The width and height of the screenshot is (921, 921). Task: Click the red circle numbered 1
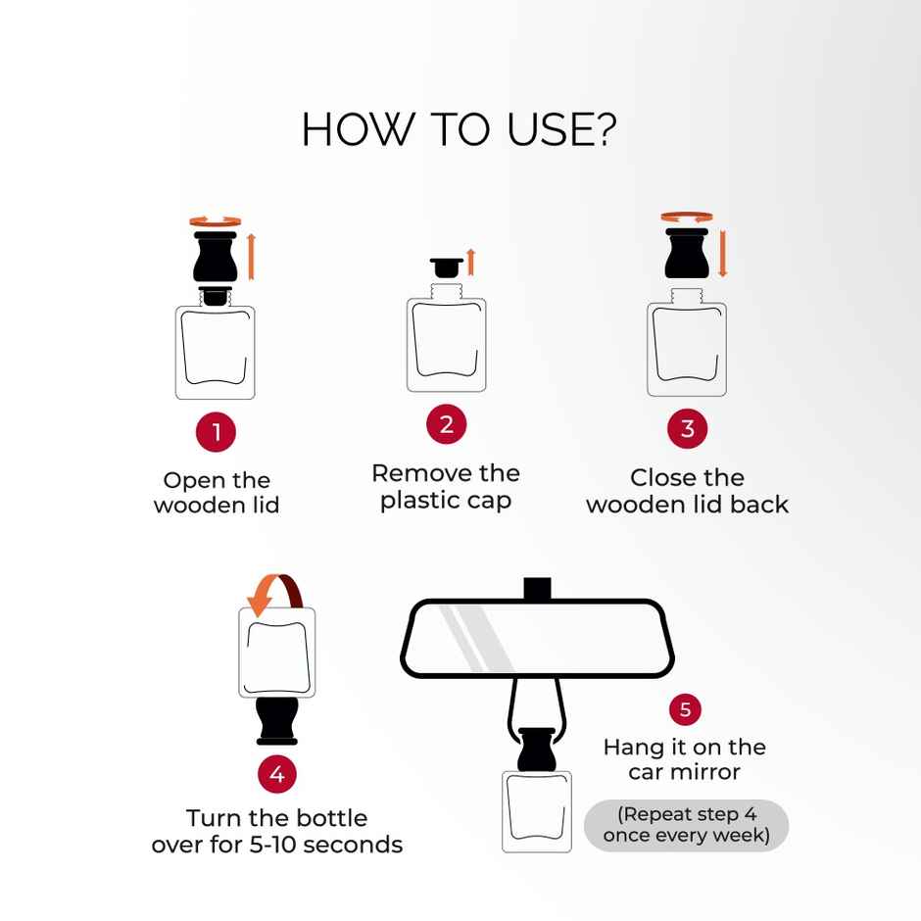point(217,432)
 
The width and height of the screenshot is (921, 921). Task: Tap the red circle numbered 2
point(447,424)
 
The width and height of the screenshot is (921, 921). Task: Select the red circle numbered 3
point(687,429)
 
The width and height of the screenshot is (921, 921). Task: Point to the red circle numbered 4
point(277,774)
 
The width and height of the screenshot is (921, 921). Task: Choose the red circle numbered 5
point(686,709)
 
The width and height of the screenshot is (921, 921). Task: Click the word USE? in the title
point(562,129)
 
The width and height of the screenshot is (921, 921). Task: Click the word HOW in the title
point(356,129)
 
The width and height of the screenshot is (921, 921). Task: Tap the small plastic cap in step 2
point(447,267)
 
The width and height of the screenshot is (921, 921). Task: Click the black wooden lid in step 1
point(216,256)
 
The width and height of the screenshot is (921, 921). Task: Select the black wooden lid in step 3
point(687,253)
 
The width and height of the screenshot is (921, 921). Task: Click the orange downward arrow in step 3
point(723,253)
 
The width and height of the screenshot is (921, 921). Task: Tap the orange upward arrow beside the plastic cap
point(470,262)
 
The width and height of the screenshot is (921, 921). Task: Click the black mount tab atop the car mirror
point(537,588)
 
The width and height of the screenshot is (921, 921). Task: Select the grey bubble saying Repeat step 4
point(686,825)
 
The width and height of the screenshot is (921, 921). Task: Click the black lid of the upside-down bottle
point(277,721)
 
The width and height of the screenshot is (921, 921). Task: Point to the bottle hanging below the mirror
point(537,790)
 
